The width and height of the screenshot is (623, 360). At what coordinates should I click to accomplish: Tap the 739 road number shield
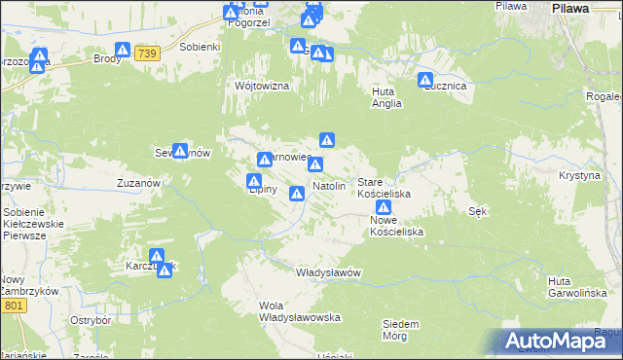[x=147, y=53]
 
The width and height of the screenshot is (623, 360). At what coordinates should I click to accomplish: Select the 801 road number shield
[x=14, y=306]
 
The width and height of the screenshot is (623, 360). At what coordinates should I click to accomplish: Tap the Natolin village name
[x=329, y=185]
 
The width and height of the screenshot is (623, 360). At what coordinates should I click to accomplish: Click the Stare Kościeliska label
[x=385, y=189]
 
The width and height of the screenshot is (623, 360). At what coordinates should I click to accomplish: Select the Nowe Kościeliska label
[x=396, y=227]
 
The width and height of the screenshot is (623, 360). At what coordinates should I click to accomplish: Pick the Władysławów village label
[x=328, y=272]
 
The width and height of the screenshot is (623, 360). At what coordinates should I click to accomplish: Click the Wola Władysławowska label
[x=299, y=311]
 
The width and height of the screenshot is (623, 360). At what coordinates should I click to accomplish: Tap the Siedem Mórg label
[x=401, y=330]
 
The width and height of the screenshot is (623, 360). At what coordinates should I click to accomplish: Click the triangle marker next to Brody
[x=123, y=51]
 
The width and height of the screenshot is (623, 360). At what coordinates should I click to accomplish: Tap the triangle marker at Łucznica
[x=425, y=81]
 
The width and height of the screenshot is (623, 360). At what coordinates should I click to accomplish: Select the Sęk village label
[x=477, y=211]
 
